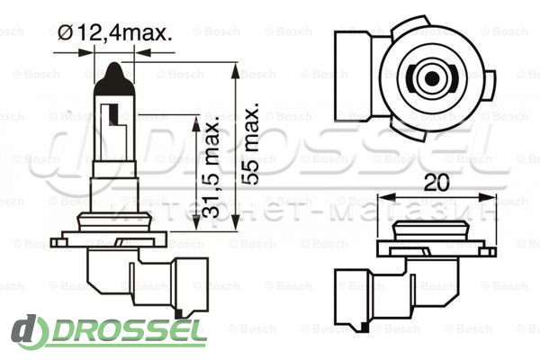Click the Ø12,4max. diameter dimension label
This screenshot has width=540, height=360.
pos(114,33)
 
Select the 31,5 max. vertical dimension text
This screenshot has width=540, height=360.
pos(209,167)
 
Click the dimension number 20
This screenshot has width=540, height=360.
pos(436,183)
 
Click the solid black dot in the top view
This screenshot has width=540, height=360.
pos(432,79)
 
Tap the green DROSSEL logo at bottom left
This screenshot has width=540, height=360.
pos(109,332)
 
